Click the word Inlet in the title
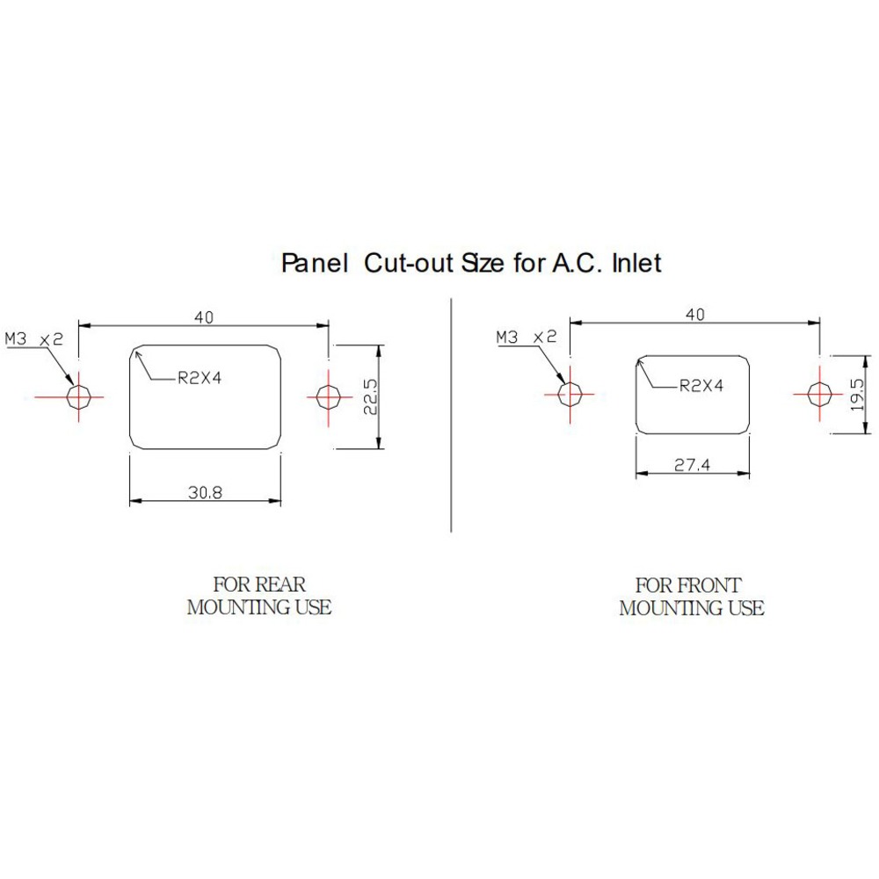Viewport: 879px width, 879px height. pos(633,263)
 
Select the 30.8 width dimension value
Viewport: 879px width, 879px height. pos(205,493)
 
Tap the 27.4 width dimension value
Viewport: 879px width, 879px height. pos(692,466)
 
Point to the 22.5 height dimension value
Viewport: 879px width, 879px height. pos(370,397)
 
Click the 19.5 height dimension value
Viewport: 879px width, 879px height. pos(858,395)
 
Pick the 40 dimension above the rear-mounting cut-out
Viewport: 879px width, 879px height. pos(204,317)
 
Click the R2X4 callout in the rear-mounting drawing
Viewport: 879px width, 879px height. pos(199,378)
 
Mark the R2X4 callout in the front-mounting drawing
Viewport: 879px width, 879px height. pos(701,385)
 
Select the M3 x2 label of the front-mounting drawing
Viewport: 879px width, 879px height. pos(527,337)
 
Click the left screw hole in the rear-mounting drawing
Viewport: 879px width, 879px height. pos(80,397)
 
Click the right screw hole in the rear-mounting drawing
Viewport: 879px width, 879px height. pos(329,397)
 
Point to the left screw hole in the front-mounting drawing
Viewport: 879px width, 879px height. pos(570,394)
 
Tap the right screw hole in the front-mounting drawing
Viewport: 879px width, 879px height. pos(819,394)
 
